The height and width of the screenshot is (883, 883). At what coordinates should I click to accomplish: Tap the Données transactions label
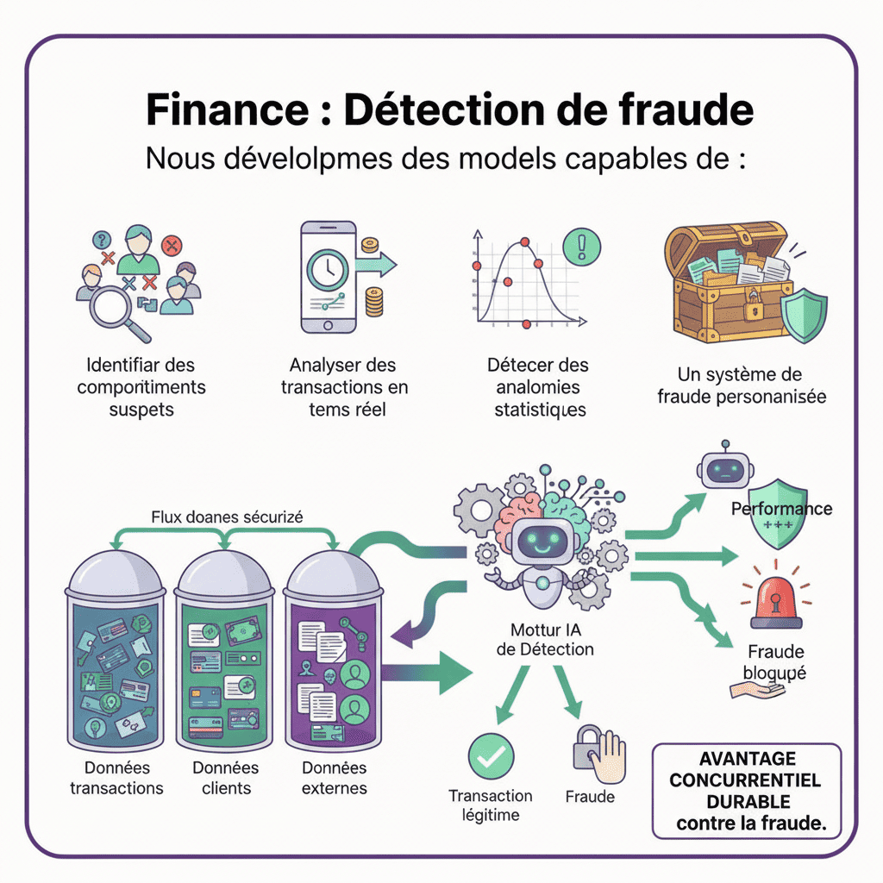click(116, 777)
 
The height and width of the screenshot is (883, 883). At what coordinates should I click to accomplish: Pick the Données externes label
click(334, 777)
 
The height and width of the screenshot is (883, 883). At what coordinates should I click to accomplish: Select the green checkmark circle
click(490, 756)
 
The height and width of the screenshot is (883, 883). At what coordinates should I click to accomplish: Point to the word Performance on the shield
click(781, 509)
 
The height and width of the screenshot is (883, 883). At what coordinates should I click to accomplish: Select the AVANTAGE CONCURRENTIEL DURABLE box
click(746, 791)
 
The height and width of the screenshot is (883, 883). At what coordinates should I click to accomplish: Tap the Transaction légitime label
click(490, 805)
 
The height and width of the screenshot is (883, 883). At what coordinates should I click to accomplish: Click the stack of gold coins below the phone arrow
click(374, 303)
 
